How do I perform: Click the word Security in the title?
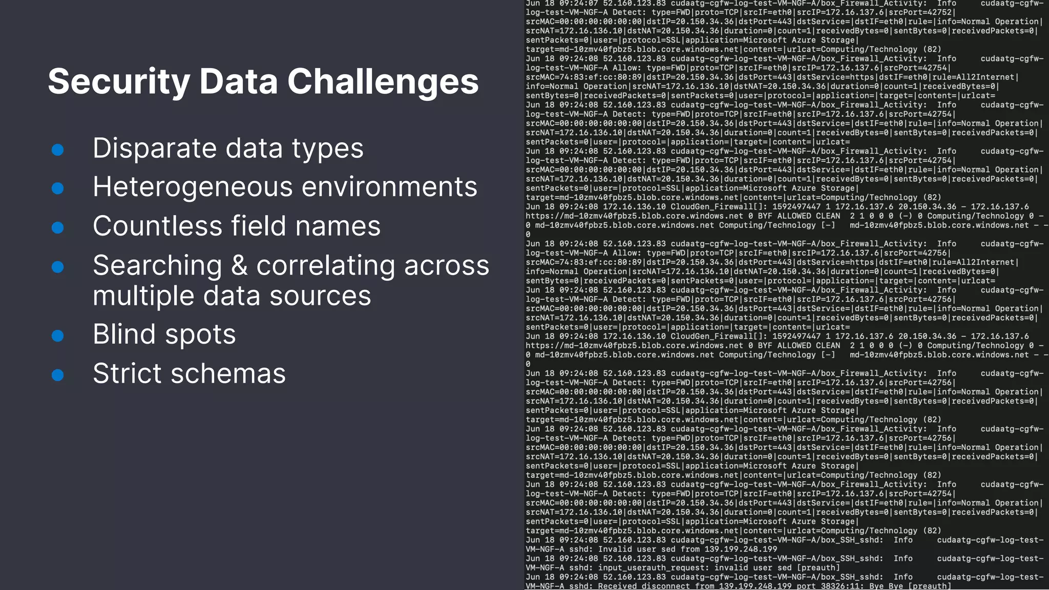[118, 82]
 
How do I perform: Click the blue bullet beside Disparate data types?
[58, 150]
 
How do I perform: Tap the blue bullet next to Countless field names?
[58, 227]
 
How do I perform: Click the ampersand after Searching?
[239, 266]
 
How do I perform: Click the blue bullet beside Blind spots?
[58, 336]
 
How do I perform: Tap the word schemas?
[228, 373]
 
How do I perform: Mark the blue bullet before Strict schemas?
[58, 375]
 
